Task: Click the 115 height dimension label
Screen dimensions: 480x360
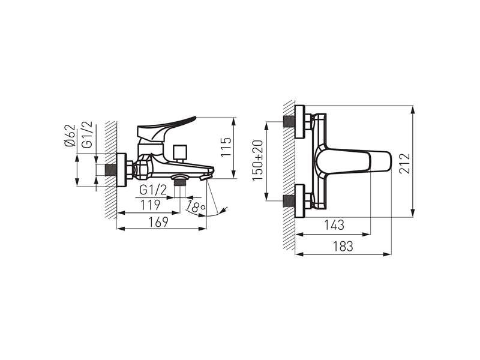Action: pos(226,147)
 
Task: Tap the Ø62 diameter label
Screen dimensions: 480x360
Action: pos(70,136)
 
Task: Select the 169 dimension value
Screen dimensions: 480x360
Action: pos(158,222)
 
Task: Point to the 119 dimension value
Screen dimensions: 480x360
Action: pos(150,205)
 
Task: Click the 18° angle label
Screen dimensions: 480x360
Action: pos(196,207)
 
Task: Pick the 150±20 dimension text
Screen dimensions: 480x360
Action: pos(257,160)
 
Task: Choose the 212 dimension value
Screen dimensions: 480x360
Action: pos(404,163)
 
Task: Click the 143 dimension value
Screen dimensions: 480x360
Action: pos(334,225)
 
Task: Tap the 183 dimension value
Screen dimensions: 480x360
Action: pos(343,246)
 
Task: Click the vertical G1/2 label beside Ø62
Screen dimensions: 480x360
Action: pos(87,134)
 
